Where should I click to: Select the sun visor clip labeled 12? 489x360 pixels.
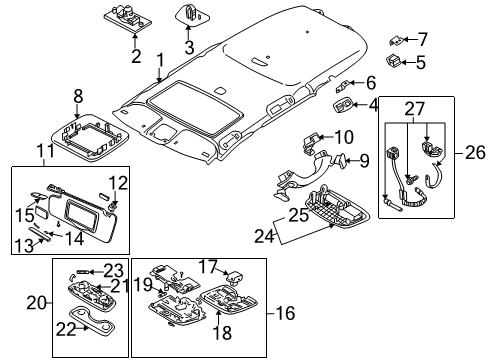(115, 203)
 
